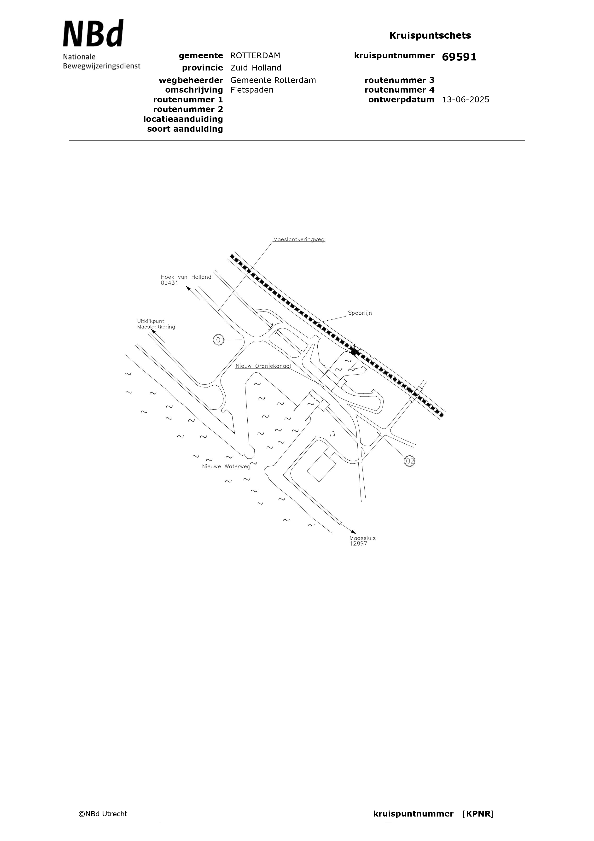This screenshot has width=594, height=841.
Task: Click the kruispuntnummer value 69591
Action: [459, 57]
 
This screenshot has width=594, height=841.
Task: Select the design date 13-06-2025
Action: [466, 100]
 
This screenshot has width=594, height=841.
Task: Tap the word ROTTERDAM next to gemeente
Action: [255, 56]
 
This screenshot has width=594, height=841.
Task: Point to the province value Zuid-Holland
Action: [256, 68]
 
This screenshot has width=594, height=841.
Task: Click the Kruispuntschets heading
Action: [430, 35]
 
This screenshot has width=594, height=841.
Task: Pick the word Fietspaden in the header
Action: [252, 90]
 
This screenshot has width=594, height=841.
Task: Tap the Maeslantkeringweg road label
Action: [299, 240]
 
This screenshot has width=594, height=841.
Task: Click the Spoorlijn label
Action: [360, 313]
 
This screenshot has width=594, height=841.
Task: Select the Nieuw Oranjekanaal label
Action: [263, 366]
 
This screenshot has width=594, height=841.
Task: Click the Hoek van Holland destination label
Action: [186, 277]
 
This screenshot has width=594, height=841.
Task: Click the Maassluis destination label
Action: [362, 538]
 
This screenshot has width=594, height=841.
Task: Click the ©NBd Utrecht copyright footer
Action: [103, 814]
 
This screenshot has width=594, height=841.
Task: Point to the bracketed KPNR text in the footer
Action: [478, 814]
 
